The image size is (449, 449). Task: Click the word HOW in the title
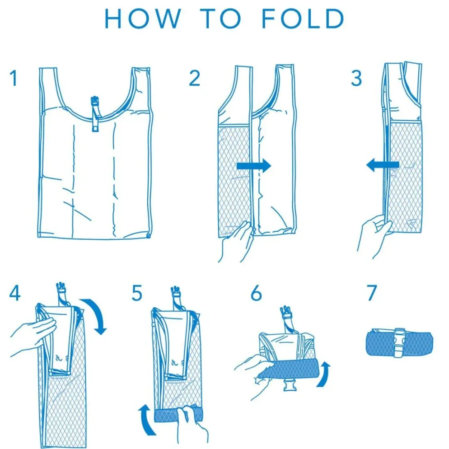coord(143,19)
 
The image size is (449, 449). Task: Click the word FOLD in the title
coord(303,19)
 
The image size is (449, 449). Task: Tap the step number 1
coord(14,78)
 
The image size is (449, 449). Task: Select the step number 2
coord(194,78)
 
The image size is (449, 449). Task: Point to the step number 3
coord(356,78)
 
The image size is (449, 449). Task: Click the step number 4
coord(15,293)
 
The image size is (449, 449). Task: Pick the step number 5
coord(137,293)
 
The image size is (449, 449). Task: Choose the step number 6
coord(256,293)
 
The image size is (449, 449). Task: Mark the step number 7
coord(372,293)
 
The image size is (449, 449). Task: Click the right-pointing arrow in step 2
coord(254,165)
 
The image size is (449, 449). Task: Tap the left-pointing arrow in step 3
coord(383,165)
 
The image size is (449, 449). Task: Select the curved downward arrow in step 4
coord(98,313)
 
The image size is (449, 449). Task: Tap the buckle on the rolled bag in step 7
coord(400,343)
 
